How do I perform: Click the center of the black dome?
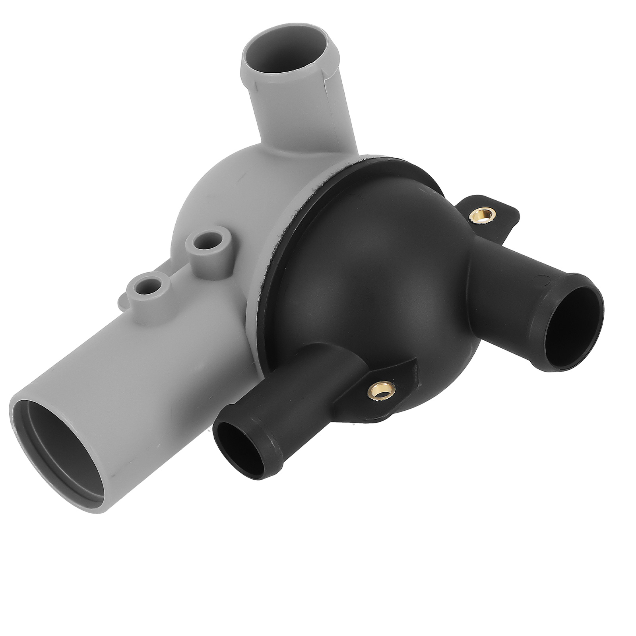(370, 278)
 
